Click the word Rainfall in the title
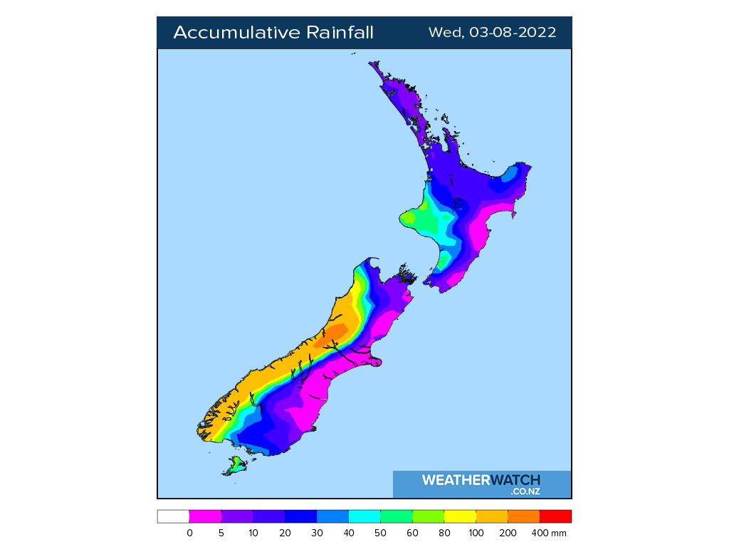pos(340,33)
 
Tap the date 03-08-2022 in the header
pos(513,33)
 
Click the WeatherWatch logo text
pos(481,480)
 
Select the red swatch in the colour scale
pos(555,516)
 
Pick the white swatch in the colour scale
pos(173,516)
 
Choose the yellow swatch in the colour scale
pos(460,516)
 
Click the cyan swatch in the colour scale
pos(364,516)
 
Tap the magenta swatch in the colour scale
pos(205,516)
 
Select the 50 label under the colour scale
pos(381,533)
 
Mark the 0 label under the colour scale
pos(189,533)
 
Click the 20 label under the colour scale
pos(285,533)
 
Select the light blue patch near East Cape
pos(509,174)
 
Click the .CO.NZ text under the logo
pos(525,491)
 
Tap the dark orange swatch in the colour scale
pos(524,516)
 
